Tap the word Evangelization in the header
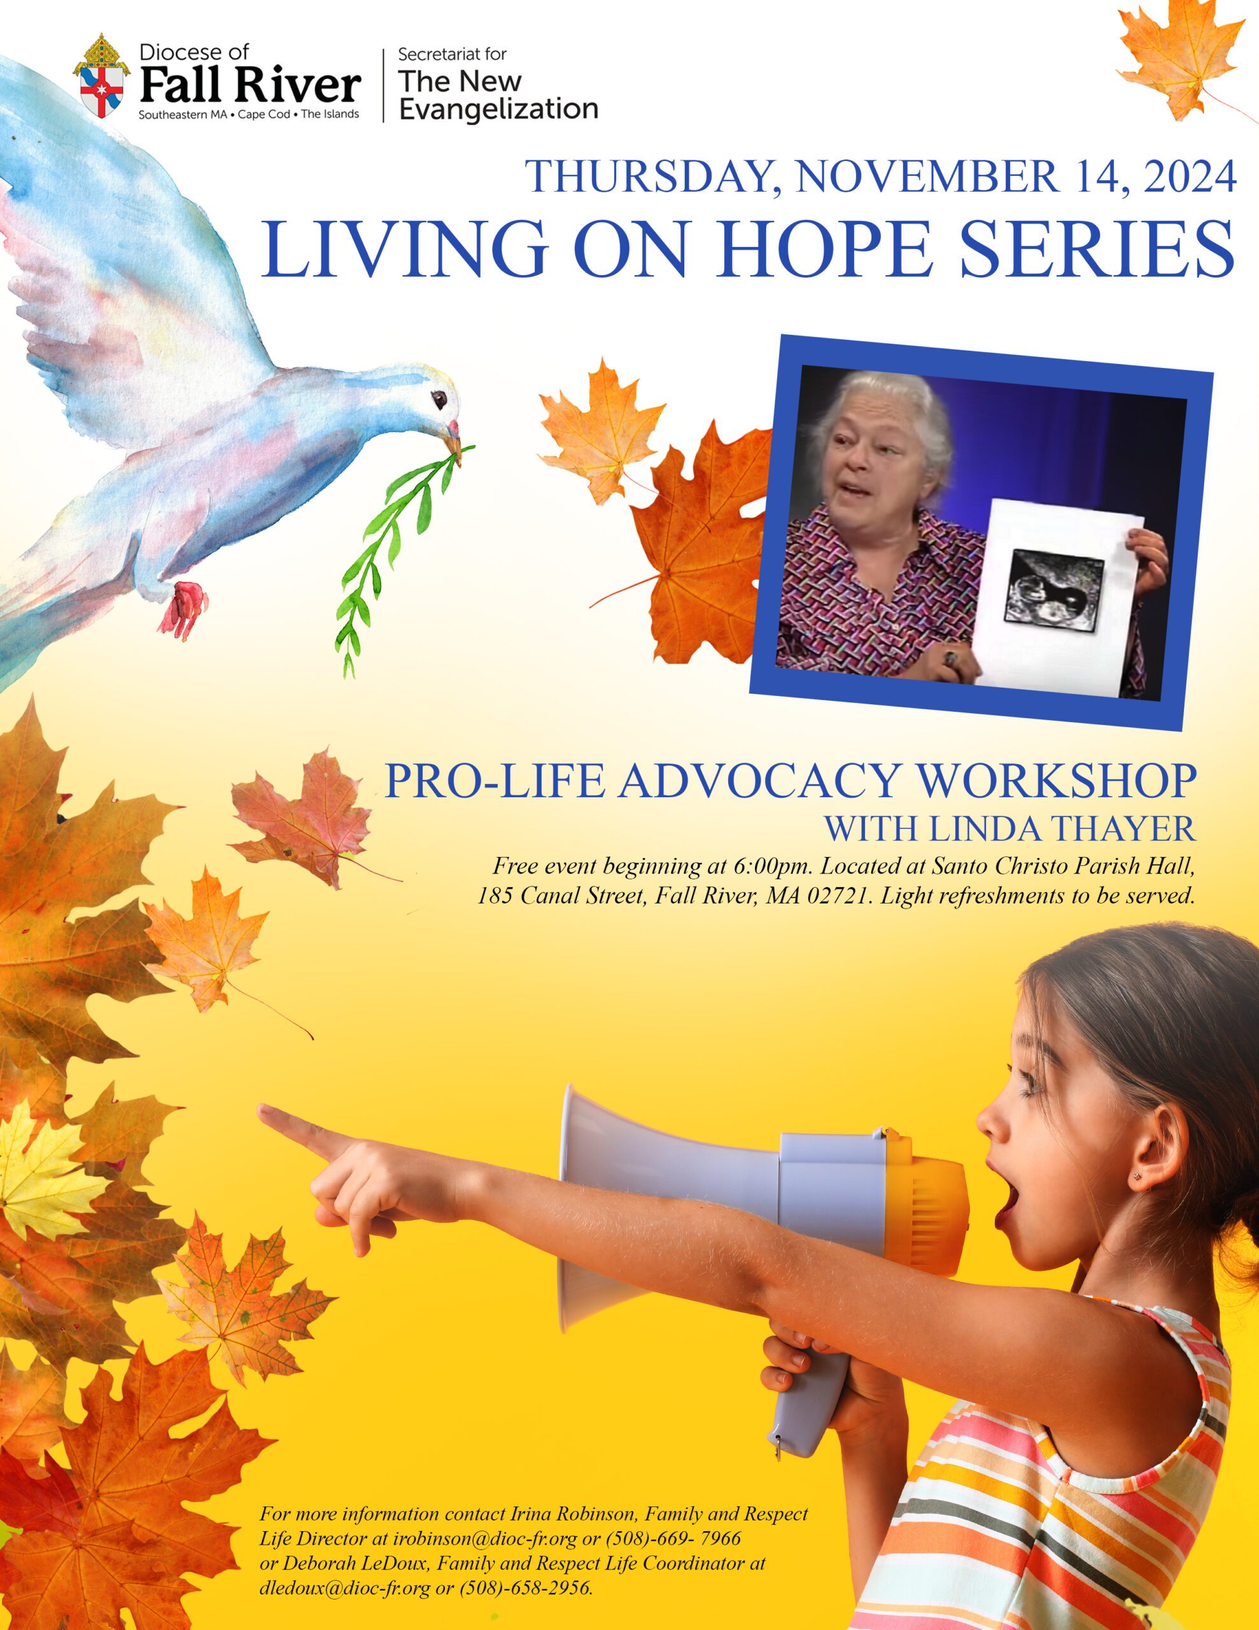(498, 110)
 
